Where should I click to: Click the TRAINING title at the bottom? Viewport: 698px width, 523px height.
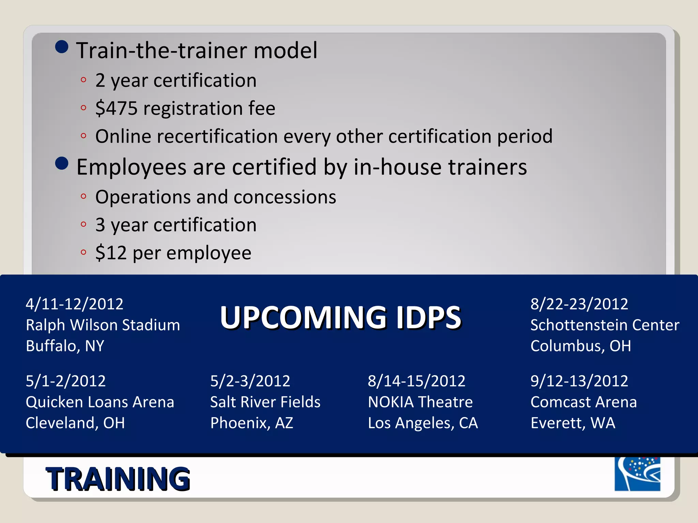(x=118, y=479)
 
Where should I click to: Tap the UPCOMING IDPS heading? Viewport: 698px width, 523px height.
(x=340, y=317)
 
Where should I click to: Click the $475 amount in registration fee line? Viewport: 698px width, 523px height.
(x=116, y=108)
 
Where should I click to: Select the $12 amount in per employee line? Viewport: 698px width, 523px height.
(x=111, y=253)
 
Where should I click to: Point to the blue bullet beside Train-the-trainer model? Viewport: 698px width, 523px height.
(x=62, y=47)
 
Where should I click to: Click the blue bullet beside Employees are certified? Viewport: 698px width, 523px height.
(x=62, y=163)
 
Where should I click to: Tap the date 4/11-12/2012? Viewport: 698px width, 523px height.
(x=74, y=304)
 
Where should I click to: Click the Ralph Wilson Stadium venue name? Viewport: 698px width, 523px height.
(x=103, y=325)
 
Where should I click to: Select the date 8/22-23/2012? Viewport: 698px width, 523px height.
(x=579, y=304)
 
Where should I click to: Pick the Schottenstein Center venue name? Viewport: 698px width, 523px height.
(x=605, y=325)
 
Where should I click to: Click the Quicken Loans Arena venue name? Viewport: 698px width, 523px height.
(x=100, y=402)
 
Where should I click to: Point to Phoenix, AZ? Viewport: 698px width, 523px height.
(x=252, y=423)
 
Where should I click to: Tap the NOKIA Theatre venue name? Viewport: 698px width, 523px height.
(x=420, y=402)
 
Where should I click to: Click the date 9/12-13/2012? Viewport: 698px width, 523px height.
(x=579, y=381)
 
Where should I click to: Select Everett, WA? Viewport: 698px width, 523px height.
(x=573, y=423)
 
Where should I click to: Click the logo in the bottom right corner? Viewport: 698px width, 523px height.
(x=637, y=474)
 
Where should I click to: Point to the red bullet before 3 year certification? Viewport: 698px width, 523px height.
(x=84, y=224)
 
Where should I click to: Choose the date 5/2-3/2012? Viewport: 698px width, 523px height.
(x=250, y=381)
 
